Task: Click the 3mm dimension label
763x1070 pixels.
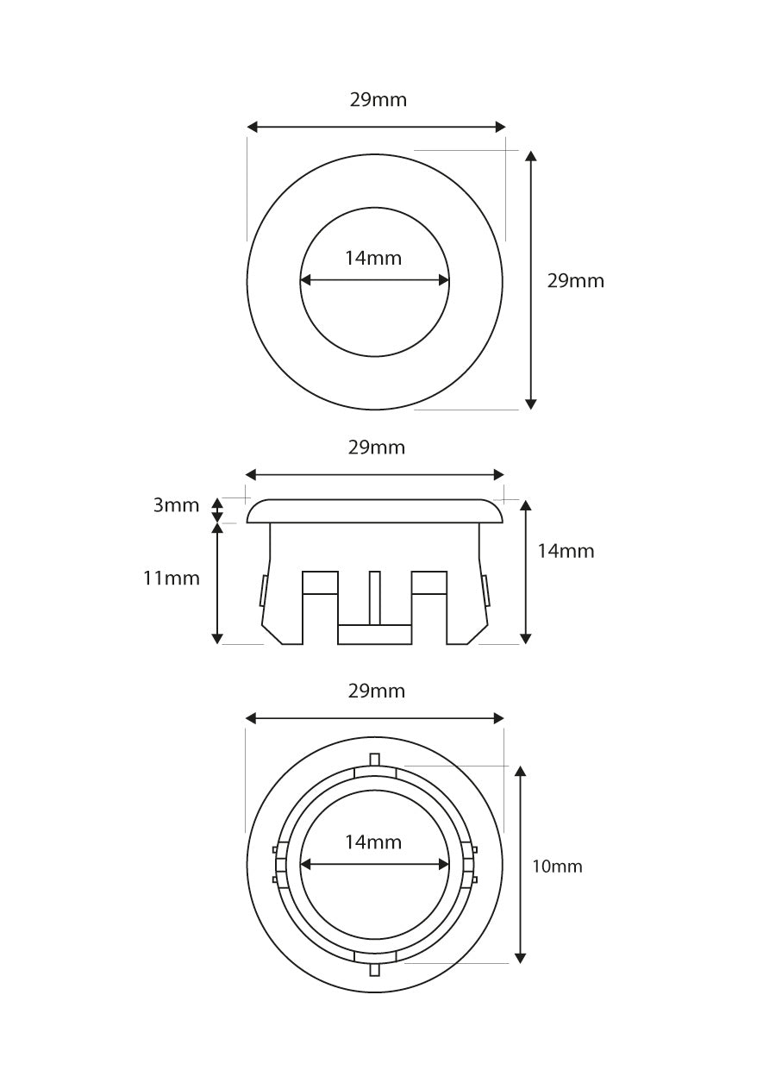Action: (x=176, y=505)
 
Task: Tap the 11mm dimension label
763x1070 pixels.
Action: (x=171, y=578)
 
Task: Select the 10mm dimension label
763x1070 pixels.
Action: (x=557, y=867)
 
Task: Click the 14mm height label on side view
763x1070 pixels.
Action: (x=566, y=551)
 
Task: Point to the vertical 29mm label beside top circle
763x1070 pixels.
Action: (x=576, y=281)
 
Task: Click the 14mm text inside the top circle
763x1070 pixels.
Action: (x=373, y=257)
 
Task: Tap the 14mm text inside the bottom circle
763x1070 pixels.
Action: (x=373, y=842)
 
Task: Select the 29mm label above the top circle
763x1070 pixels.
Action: (x=378, y=100)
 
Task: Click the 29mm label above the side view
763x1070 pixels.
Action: (x=376, y=447)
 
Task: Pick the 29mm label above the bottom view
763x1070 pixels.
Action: (x=376, y=691)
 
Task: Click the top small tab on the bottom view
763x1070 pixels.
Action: (x=374, y=759)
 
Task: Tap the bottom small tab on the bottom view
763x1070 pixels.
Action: (x=374, y=970)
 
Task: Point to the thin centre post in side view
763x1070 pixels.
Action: (x=374, y=597)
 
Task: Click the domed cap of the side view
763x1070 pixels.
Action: (x=374, y=510)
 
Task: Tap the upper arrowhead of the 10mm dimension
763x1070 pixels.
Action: (x=520, y=771)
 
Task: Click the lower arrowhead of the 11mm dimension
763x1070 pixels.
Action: (x=218, y=638)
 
